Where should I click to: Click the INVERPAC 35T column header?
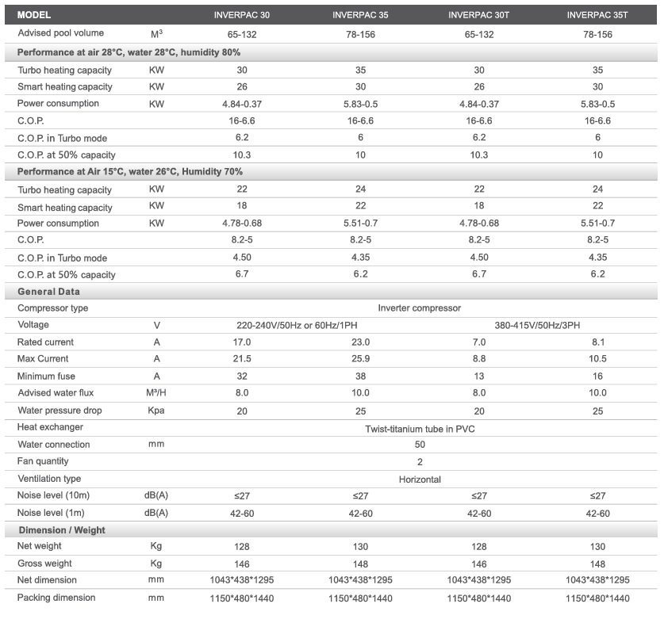pos(597,15)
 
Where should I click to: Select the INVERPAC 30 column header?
pos(241,15)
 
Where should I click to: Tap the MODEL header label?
pos(34,15)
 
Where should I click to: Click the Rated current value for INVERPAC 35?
pos(360,342)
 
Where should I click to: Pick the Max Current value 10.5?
pos(597,359)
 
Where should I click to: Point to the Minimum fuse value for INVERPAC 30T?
pos(479,376)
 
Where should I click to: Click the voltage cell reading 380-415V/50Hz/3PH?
pos(537,326)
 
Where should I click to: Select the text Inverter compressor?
pos(419,308)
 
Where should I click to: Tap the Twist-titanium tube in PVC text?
pos(420,429)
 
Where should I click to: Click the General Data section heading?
pos(48,292)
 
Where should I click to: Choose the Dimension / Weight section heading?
pos(62,530)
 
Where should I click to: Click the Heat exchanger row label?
pos(50,427)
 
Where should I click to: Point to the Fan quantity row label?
pos(43,461)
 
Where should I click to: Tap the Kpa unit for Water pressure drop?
pos(156,411)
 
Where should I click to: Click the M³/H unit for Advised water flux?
pos(156,393)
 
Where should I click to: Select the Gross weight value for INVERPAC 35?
pos(360,564)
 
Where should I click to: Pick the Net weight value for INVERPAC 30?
pos(241,547)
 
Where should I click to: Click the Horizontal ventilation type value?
pos(420,480)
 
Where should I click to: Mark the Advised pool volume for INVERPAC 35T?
pos(597,35)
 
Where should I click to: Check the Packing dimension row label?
pos(56,598)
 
